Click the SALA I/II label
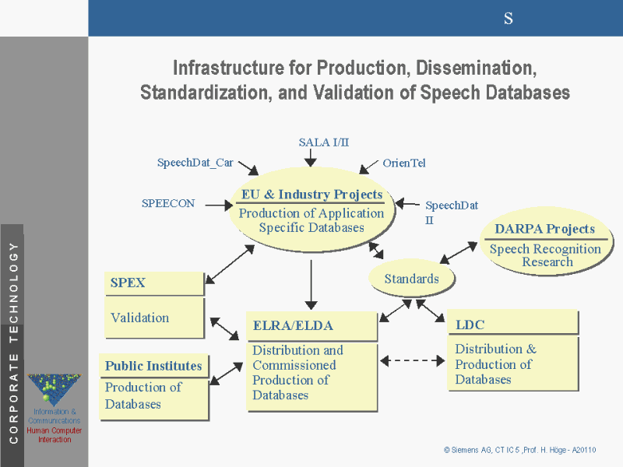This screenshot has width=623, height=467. point(324,142)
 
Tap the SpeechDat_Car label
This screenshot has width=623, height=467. point(195,163)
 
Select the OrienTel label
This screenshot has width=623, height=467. point(404,163)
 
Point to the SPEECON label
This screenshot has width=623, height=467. point(168,203)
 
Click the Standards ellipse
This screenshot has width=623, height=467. point(412,279)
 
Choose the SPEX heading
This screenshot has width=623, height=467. point(128,283)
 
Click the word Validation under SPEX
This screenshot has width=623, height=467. point(140,318)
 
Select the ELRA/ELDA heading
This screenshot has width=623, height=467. point(293,325)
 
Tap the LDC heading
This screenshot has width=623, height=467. point(470,324)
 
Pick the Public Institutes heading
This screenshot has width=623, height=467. point(153,366)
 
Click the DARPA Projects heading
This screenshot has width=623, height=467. point(544,229)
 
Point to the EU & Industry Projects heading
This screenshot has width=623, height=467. point(311,195)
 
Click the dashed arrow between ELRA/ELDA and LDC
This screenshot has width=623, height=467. point(412,360)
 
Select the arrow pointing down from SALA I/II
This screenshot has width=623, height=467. point(310,157)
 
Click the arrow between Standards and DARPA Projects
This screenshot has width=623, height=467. point(459,251)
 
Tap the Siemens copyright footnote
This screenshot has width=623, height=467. point(519,451)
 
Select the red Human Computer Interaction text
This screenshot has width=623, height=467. point(55,435)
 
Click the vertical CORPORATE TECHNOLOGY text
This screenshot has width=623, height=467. point(12,342)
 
